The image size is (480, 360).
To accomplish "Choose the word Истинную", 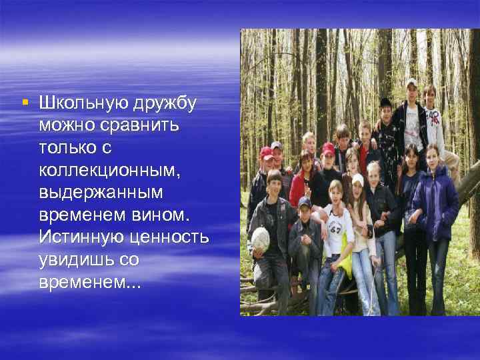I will (x=79, y=236).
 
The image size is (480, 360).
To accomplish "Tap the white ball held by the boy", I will (x=260, y=239).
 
